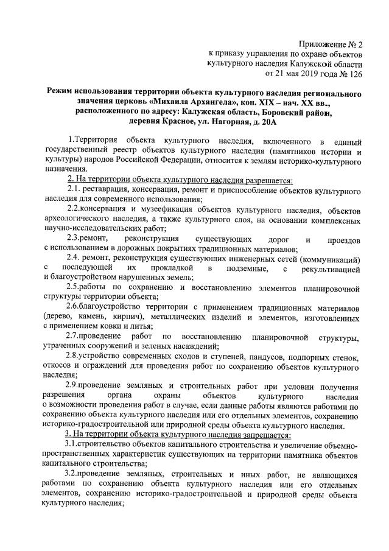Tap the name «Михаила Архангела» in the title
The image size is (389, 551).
click(x=200, y=104)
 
